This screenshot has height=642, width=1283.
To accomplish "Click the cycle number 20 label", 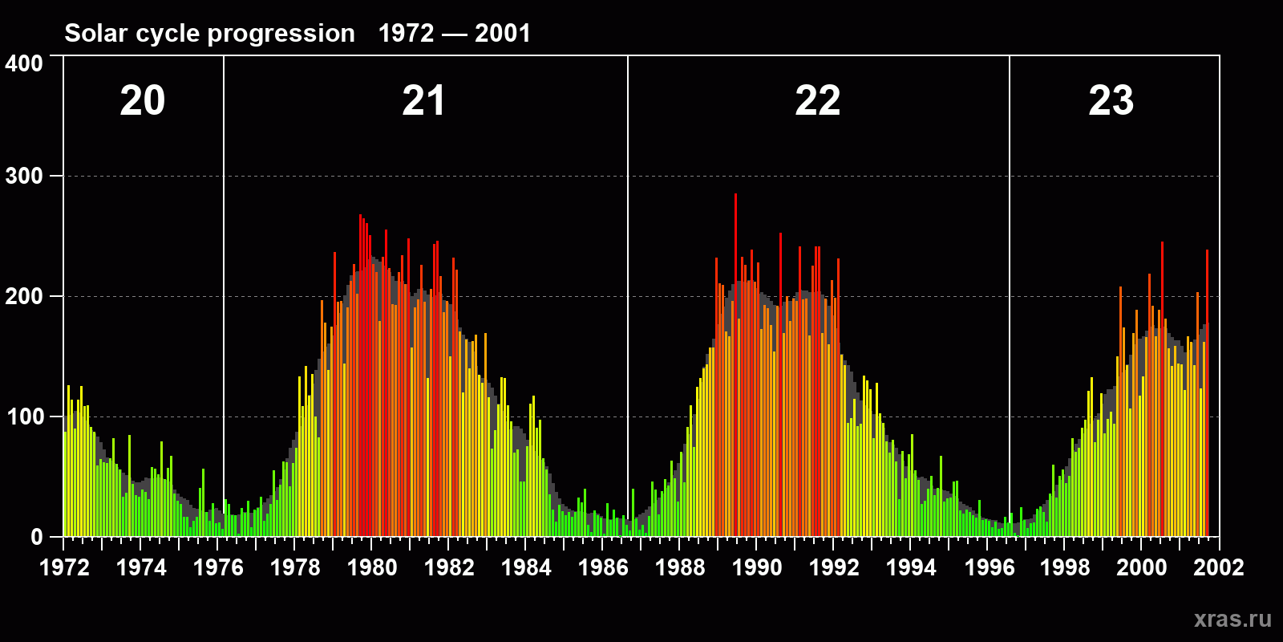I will click(x=143, y=101).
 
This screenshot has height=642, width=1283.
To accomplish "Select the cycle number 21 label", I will click(x=423, y=101).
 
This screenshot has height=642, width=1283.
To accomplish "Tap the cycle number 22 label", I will click(x=817, y=101).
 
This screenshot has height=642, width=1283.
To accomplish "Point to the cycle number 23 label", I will click(x=1111, y=101).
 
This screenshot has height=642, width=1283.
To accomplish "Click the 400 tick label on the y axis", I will click(x=24, y=64).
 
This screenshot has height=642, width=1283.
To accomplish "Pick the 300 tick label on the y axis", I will click(x=24, y=177).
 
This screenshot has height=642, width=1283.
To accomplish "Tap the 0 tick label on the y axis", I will click(x=36, y=538).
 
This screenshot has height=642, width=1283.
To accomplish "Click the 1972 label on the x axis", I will click(x=64, y=567).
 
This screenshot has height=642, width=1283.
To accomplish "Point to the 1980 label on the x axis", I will click(x=372, y=567).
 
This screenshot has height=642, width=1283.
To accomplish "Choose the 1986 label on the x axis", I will click(x=603, y=567).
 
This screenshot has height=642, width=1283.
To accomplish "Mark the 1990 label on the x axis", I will click(x=757, y=567).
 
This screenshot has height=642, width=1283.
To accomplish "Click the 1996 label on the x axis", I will click(x=989, y=567).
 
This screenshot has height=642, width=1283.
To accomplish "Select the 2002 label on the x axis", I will click(x=1218, y=567).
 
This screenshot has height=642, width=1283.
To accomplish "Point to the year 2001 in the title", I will click(x=502, y=34).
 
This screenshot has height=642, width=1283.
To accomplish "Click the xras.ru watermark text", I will click(x=1232, y=619).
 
